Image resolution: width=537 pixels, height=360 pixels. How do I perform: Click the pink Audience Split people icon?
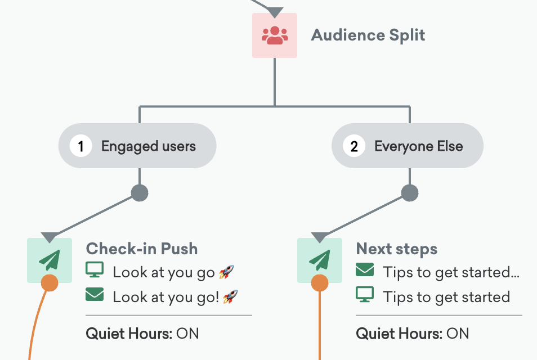pyautogui.click(x=275, y=35)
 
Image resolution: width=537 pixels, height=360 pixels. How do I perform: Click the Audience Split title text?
pyautogui.click(x=368, y=35)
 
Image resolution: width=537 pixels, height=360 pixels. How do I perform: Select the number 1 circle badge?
pyautogui.click(x=81, y=147)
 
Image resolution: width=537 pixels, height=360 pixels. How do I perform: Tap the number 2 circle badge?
pyautogui.click(x=354, y=147)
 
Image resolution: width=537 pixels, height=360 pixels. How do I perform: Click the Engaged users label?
pyautogui.click(x=148, y=147)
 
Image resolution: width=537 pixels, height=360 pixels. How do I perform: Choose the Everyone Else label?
pyautogui.click(x=418, y=147)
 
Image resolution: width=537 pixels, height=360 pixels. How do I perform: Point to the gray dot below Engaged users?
pyautogui.click(x=140, y=193)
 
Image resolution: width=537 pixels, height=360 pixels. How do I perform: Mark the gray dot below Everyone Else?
pyautogui.click(x=410, y=193)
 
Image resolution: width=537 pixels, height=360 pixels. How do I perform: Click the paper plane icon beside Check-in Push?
pyautogui.click(x=50, y=260)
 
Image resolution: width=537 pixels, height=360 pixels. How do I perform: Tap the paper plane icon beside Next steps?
pyautogui.click(x=320, y=260)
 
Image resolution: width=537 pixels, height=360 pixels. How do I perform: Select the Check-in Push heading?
pyautogui.click(x=142, y=249)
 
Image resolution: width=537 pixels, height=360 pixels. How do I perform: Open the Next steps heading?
pyautogui.click(x=397, y=249)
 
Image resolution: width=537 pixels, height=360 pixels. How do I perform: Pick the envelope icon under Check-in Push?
pyautogui.click(x=94, y=294)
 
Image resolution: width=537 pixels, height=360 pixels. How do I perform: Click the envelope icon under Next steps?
pyautogui.click(x=365, y=271)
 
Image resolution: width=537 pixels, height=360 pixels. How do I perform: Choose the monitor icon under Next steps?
pyautogui.click(x=365, y=294)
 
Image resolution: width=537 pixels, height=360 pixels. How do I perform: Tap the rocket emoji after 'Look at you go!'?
pyautogui.click(x=230, y=296)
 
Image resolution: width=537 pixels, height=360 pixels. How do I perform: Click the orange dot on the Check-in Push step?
pyautogui.click(x=50, y=282)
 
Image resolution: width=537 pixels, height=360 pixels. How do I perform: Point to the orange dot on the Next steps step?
pyautogui.click(x=320, y=282)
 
